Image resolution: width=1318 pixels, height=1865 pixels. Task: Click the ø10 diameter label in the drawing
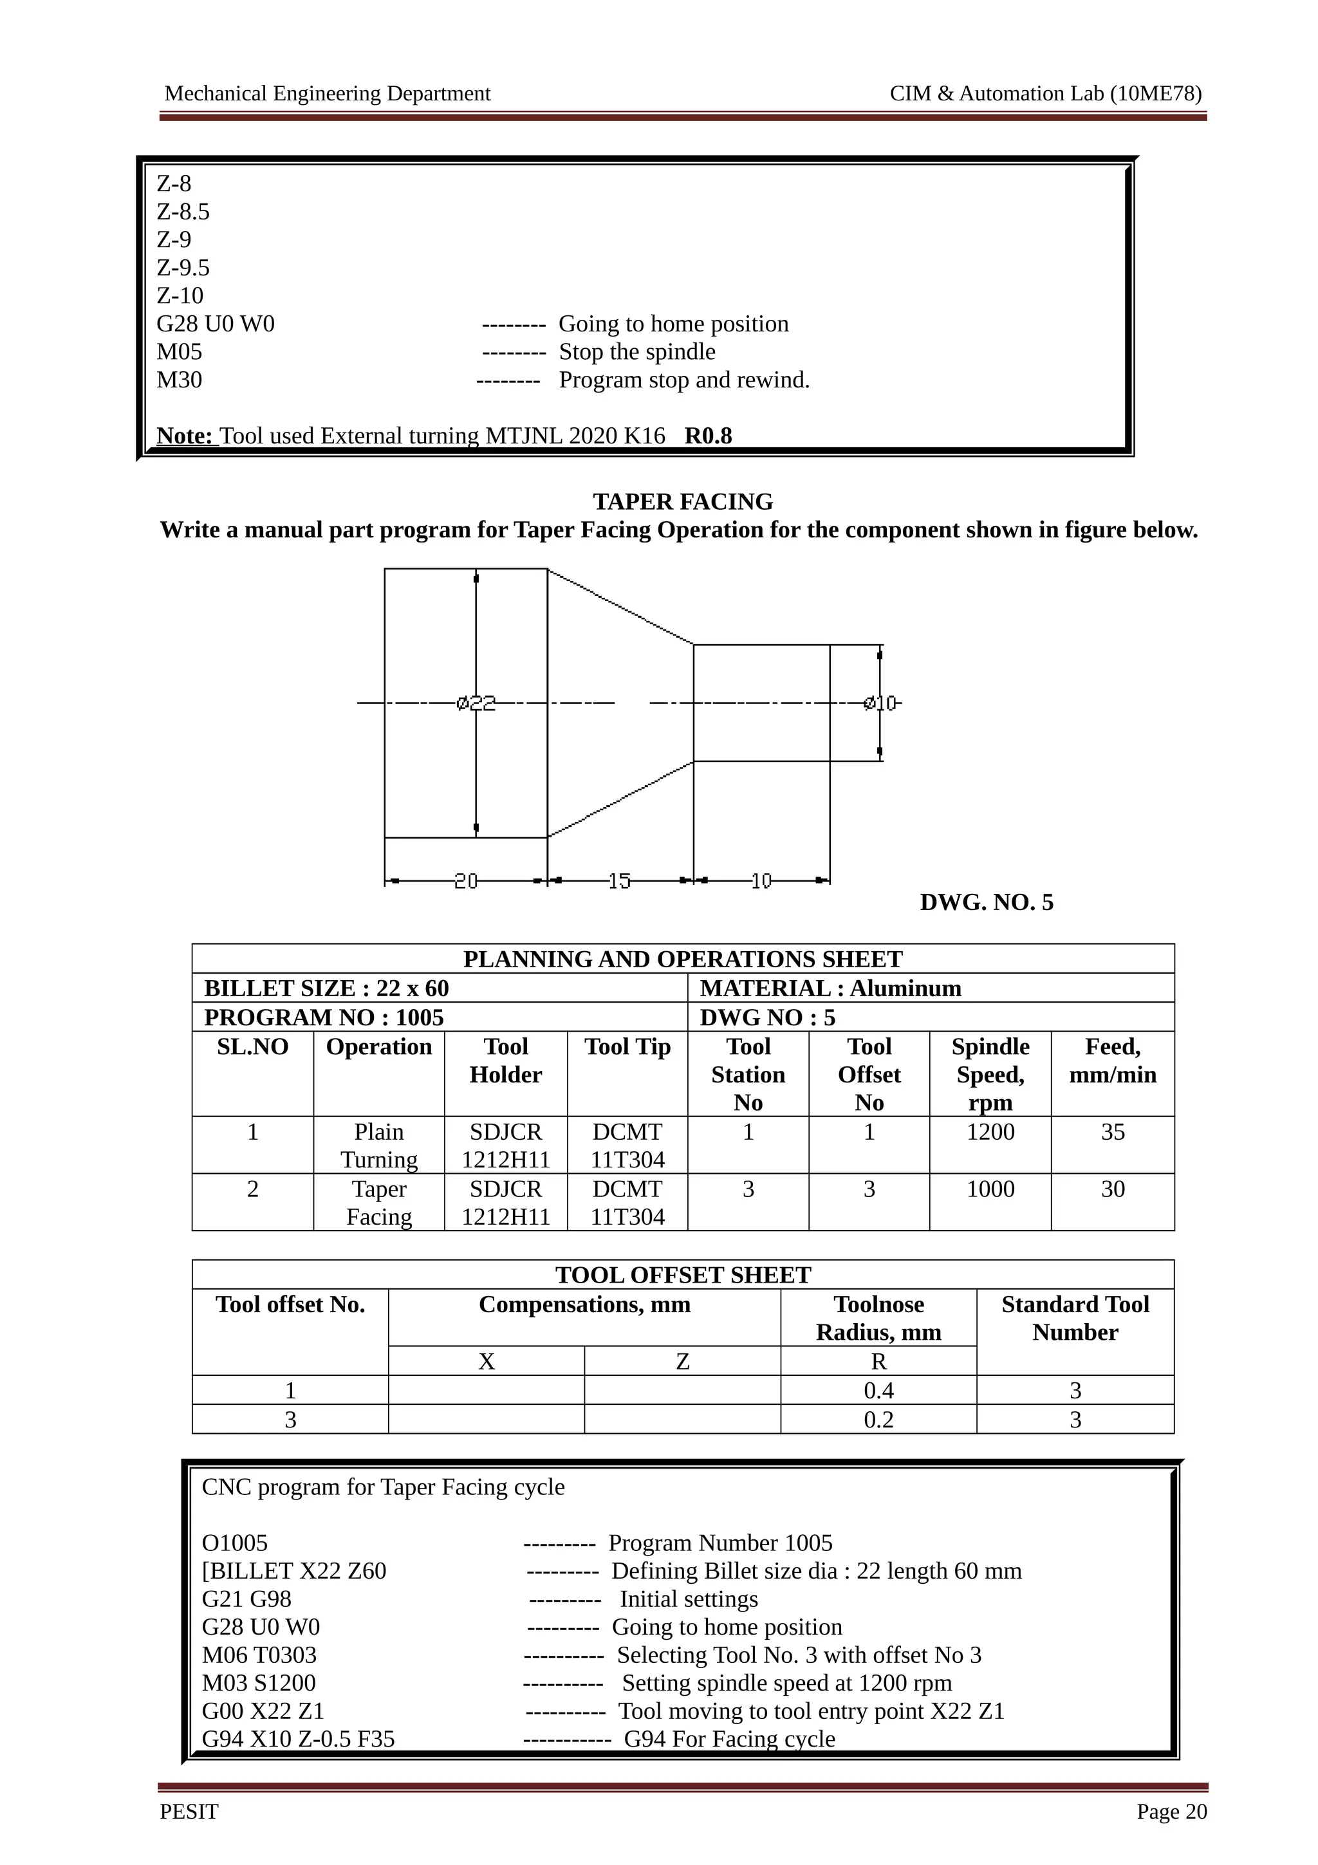pos(880,703)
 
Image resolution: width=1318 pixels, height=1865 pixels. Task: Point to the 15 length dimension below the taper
pos(619,880)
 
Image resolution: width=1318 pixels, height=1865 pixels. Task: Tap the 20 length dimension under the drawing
pos(465,880)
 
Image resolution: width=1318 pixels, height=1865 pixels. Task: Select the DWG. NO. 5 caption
pos(986,902)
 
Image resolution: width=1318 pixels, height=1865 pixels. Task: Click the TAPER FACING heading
pos(682,501)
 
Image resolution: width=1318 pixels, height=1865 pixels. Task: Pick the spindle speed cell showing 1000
pos(990,1189)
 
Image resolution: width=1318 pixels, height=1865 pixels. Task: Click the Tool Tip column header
pos(627,1046)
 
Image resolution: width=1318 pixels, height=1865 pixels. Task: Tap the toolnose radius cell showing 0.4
pos(878,1390)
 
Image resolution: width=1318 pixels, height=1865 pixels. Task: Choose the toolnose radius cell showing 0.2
pos(878,1419)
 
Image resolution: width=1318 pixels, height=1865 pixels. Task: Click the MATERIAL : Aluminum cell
pos(830,988)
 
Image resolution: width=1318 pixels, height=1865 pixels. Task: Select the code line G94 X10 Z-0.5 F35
pos(298,1738)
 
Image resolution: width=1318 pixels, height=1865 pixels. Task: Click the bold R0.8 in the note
pos(708,436)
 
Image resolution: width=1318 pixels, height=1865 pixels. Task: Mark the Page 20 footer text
pos(1171,1812)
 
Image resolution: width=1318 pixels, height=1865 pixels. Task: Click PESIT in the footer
pos(189,1812)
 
